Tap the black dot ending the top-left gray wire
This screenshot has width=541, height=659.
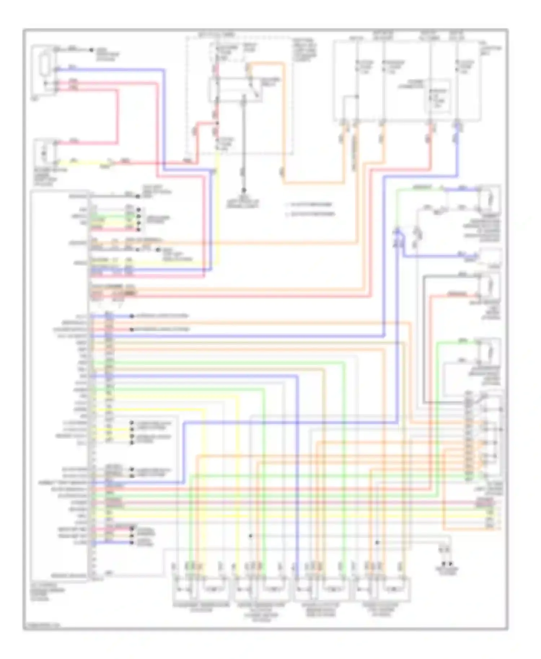tap(92, 50)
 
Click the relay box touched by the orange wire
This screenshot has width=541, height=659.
tap(235, 89)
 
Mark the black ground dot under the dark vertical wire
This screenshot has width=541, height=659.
tap(244, 190)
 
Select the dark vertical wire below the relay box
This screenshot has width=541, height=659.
tap(244, 144)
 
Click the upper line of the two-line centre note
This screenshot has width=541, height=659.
tap(312, 205)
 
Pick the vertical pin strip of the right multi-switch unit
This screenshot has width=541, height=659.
tap(469, 436)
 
